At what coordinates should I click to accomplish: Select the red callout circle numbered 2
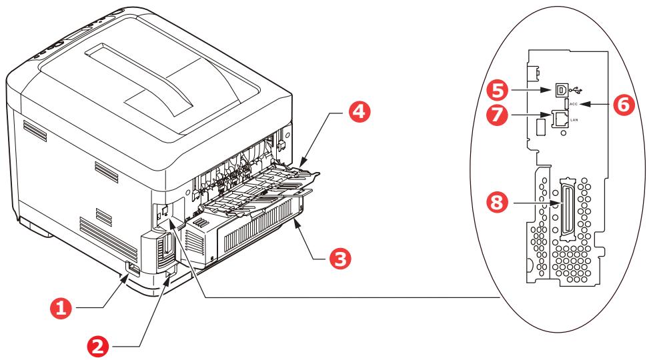pos(100,345)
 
